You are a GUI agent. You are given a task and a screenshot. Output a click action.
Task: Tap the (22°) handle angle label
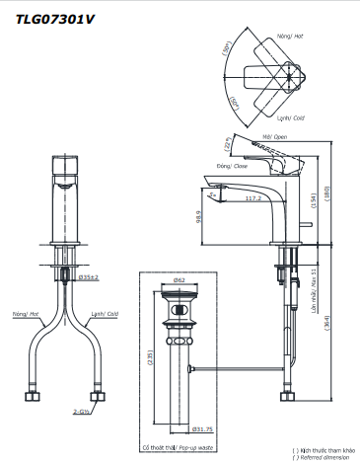230,146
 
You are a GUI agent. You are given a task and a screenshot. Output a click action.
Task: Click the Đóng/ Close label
231,169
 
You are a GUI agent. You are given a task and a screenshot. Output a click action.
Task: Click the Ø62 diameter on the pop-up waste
180,279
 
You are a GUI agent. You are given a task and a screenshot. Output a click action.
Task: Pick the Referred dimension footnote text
324,457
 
